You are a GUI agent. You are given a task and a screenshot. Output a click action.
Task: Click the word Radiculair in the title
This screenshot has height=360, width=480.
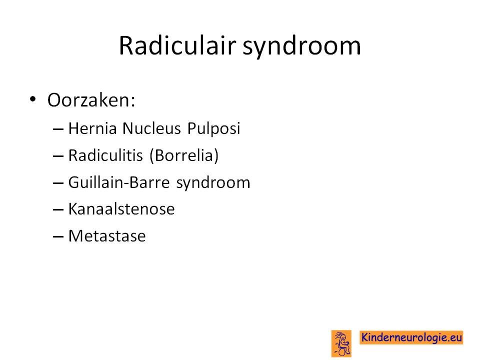177,45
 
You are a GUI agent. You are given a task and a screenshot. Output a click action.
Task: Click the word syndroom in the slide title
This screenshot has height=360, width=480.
301,47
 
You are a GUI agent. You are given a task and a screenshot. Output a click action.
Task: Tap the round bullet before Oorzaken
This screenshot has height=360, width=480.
33,99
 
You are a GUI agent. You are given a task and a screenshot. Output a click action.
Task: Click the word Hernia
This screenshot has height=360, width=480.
92,128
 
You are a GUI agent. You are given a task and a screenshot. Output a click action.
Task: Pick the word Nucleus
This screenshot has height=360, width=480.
151,128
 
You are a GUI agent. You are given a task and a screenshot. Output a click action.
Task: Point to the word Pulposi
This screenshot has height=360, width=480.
213,128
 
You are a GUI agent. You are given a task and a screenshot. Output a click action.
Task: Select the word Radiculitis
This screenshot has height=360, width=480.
105,155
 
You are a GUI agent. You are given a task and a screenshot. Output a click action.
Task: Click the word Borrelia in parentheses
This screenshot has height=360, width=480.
184,155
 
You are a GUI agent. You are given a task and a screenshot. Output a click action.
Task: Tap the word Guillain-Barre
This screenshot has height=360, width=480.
119,182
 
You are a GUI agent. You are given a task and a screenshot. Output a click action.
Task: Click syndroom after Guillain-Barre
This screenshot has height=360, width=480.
213,183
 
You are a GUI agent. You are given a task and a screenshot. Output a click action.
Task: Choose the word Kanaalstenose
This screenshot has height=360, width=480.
121,209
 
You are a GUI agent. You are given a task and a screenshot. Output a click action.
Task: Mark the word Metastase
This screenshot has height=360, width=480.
107,236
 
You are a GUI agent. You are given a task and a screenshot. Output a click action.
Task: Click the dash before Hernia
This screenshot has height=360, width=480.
58,129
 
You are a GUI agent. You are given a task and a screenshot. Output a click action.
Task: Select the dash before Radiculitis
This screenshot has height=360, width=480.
58,156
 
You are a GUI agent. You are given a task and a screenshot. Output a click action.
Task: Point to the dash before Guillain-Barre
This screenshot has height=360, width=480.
58,183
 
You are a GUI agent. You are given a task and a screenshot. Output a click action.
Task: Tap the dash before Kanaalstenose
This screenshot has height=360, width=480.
58,210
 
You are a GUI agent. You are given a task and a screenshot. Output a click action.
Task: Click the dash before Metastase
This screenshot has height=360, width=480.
58,237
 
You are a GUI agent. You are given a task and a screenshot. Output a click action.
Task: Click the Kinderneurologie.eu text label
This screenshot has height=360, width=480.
411,337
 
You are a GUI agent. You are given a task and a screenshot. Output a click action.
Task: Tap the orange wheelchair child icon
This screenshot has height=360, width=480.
341,343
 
